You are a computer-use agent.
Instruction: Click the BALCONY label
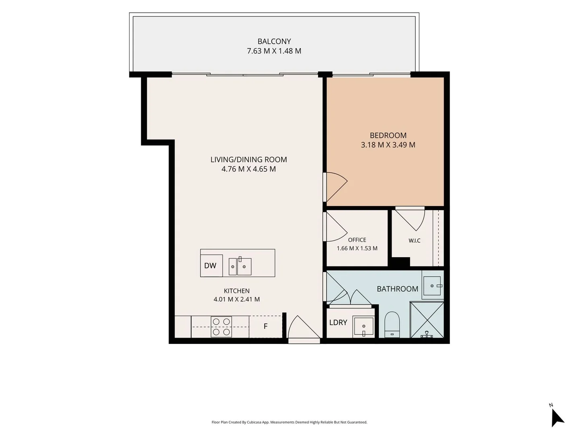tap(274, 41)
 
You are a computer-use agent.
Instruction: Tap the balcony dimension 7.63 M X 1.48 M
tap(274, 51)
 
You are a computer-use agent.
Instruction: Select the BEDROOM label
tap(388, 135)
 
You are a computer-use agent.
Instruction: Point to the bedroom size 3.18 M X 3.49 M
tap(388, 145)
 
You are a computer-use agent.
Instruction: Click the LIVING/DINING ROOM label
tap(249, 160)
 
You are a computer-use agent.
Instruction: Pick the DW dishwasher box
tap(211, 265)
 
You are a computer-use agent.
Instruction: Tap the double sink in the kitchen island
tap(240, 266)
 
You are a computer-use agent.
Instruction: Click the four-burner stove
tap(221, 327)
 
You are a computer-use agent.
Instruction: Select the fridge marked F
tap(265, 326)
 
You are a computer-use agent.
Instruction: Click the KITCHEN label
tap(236, 291)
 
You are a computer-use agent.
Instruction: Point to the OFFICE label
tap(357, 240)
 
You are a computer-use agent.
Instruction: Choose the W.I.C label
tap(415, 241)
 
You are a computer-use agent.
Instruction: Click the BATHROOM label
tap(398, 289)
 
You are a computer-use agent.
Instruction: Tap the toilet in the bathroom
tap(392, 324)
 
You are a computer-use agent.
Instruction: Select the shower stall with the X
tap(427, 320)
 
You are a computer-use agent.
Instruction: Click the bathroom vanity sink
tap(432, 286)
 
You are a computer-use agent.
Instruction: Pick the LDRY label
tap(338, 323)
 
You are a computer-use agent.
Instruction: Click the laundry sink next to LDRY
tap(363, 327)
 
